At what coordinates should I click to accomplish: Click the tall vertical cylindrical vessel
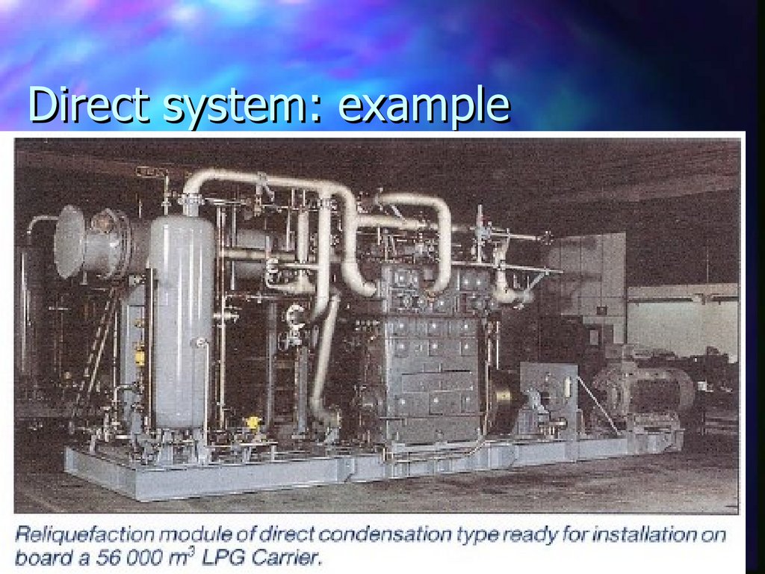180,321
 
